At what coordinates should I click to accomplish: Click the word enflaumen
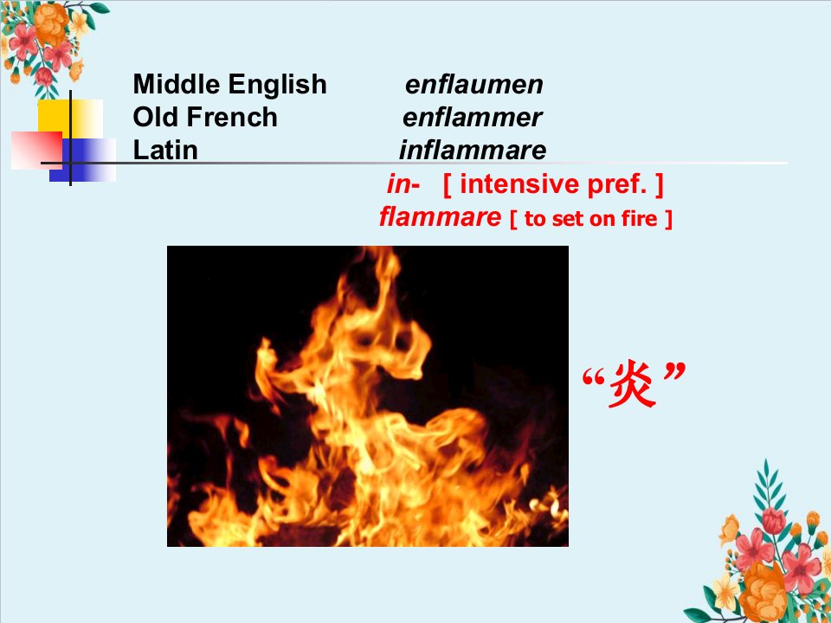tap(473, 84)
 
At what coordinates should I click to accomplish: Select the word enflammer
tap(472, 117)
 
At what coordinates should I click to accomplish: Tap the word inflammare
tap(473, 150)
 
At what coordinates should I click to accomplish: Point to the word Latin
tap(165, 150)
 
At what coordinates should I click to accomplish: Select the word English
tap(278, 85)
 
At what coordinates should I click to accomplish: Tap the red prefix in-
tap(403, 184)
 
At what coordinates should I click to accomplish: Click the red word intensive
tap(512, 184)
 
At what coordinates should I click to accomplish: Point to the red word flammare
tap(440, 216)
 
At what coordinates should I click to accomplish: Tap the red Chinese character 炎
tap(631, 383)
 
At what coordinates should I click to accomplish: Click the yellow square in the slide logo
tap(70, 119)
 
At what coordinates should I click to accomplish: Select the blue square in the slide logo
tap(83, 160)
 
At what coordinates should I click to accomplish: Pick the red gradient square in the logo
tap(36, 151)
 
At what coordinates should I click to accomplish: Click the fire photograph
tap(368, 396)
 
